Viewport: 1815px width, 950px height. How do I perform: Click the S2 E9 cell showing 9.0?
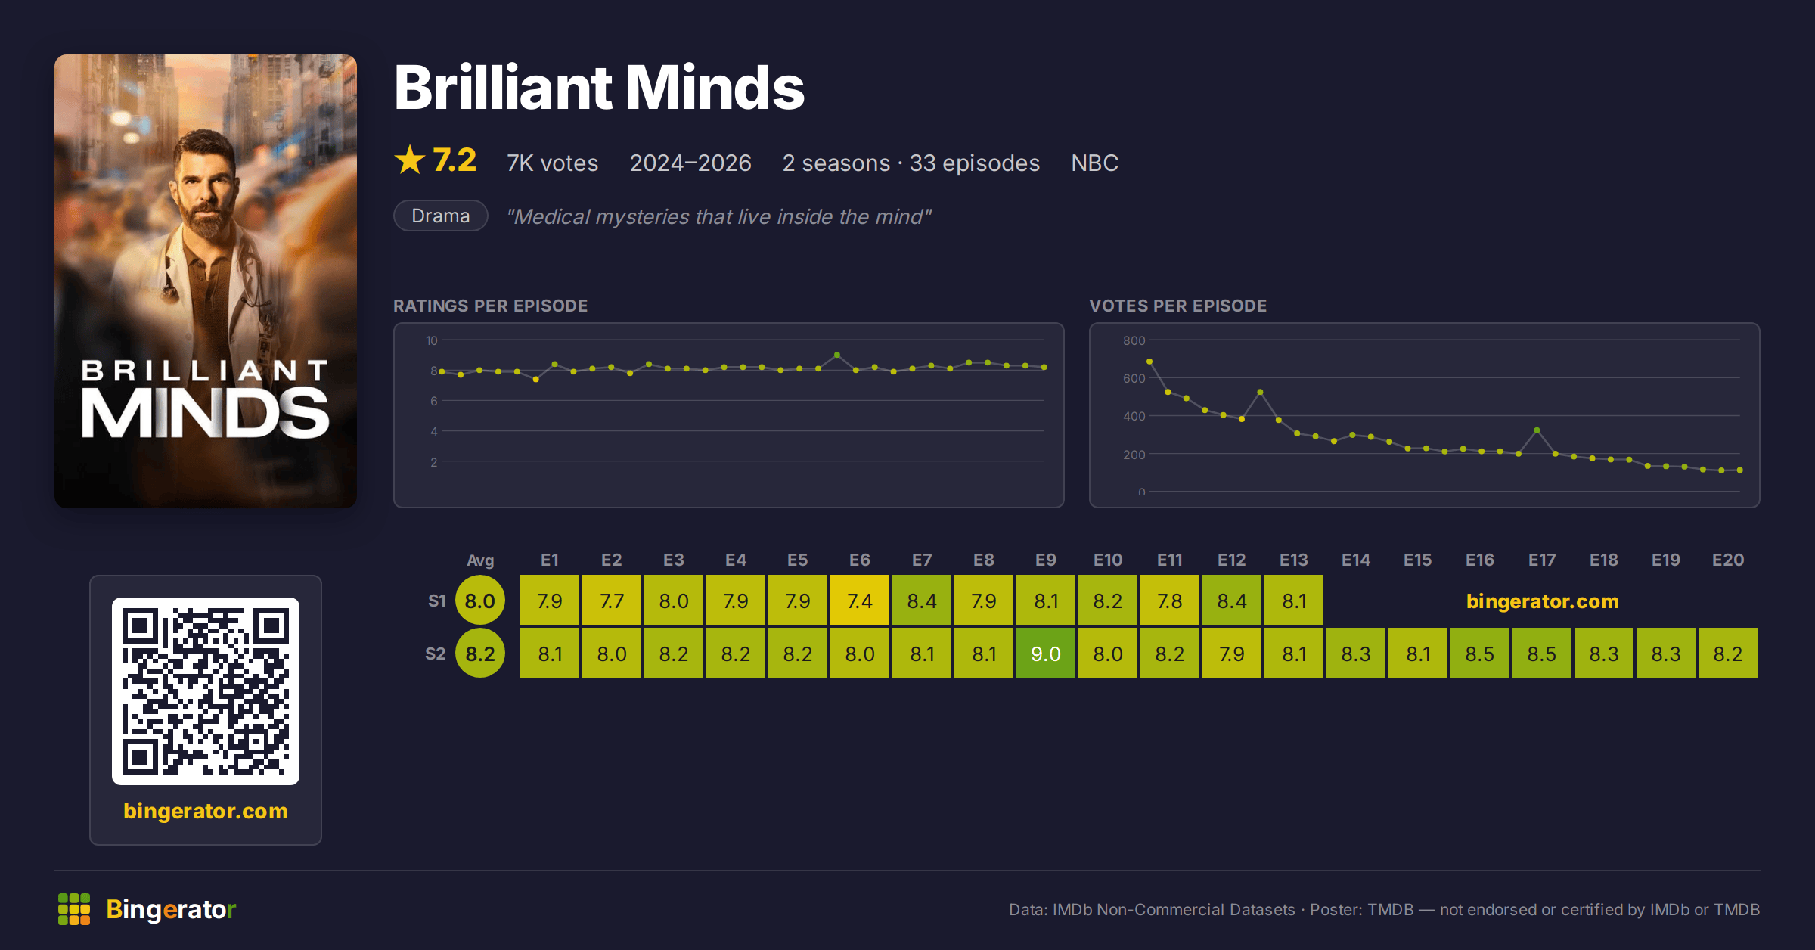coord(1046,653)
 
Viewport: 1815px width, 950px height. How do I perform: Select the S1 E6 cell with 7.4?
coord(860,601)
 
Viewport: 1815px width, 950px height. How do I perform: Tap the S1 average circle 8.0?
coord(480,601)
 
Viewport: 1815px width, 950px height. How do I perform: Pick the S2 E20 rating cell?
coord(1728,653)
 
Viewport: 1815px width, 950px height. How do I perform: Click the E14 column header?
coord(1356,560)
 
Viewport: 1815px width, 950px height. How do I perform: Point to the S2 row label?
coord(436,654)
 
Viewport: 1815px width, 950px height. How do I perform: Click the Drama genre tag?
coord(441,216)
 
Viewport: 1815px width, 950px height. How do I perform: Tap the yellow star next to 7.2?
coord(410,160)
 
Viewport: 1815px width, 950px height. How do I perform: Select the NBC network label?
coord(1094,163)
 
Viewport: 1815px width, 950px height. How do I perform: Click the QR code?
coord(206,691)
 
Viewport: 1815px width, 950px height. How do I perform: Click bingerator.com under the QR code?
coord(206,811)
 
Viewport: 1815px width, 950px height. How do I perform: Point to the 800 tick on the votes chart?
coord(1134,340)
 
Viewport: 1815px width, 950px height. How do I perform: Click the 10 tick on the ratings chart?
coord(432,340)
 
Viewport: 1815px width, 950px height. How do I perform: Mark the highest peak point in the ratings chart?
coord(837,355)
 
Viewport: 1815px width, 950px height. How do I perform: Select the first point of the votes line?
coord(1149,362)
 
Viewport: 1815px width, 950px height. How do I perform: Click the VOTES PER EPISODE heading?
coord(1177,306)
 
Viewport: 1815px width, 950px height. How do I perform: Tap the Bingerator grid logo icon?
coord(74,909)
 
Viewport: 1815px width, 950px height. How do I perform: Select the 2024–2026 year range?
coord(690,163)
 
